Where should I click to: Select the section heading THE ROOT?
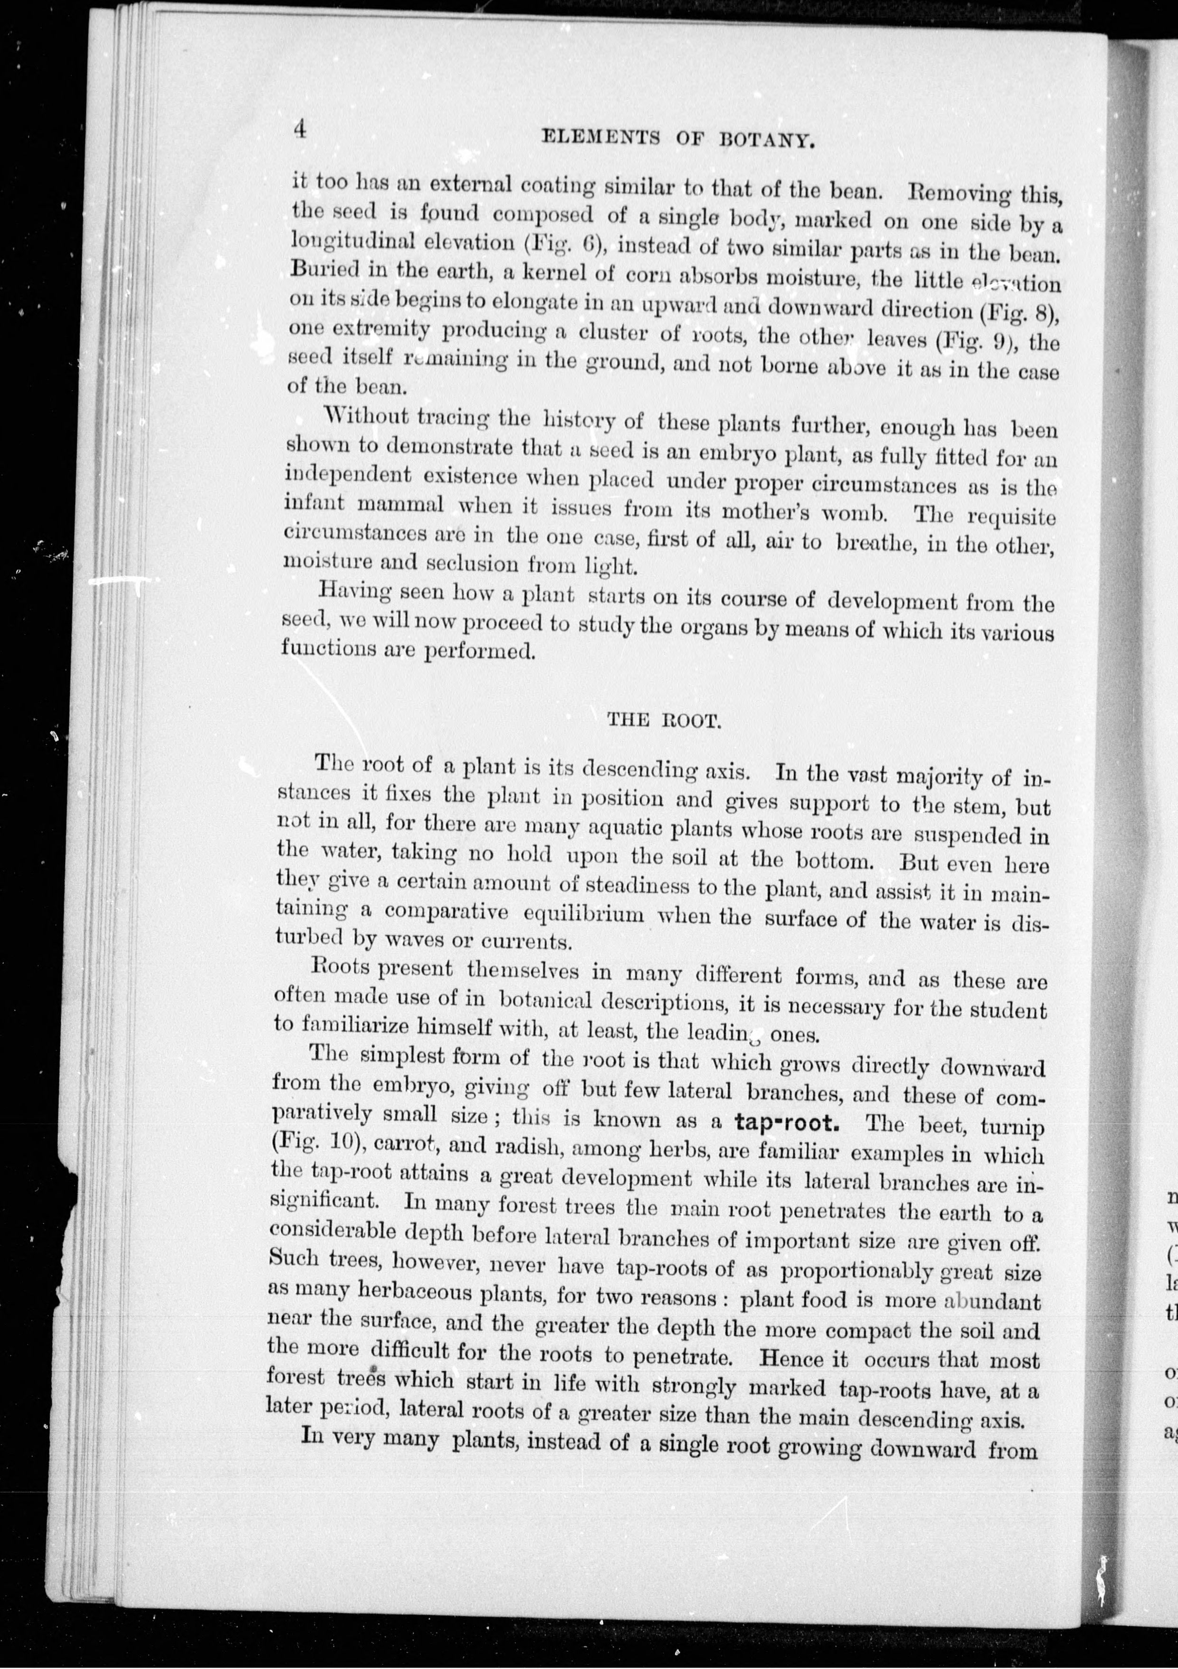pos(663,720)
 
